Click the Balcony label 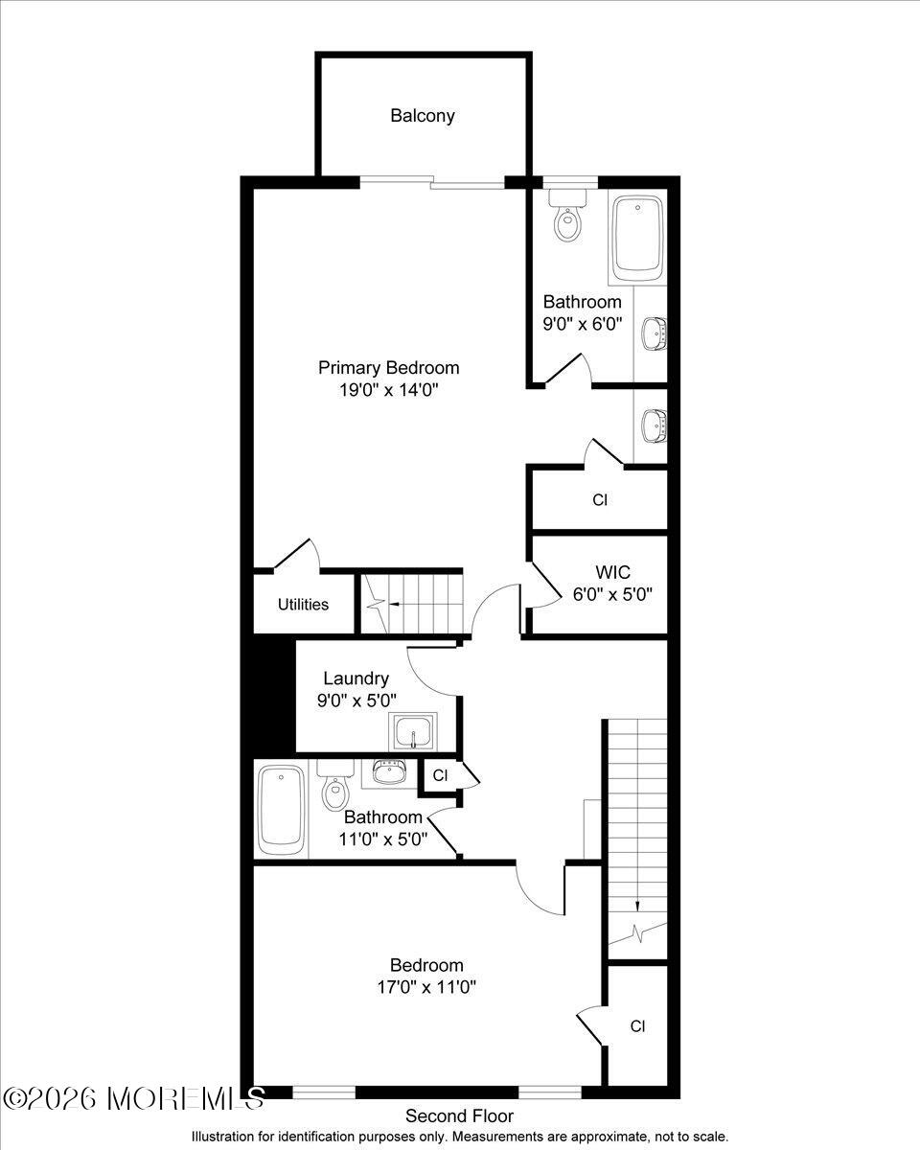click(x=422, y=116)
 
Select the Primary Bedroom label click(x=388, y=368)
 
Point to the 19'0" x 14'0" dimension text click(x=388, y=390)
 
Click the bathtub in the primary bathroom click(x=638, y=235)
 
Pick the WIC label click(x=612, y=572)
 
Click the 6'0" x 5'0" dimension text click(x=612, y=593)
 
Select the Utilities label click(x=303, y=605)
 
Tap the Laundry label click(x=356, y=678)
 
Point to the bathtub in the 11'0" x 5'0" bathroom click(x=281, y=808)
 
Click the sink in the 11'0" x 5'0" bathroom click(x=388, y=772)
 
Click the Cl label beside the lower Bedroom click(x=637, y=1026)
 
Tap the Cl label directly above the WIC click(x=600, y=499)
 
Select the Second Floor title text click(x=459, y=1116)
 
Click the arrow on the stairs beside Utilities click(x=383, y=605)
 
